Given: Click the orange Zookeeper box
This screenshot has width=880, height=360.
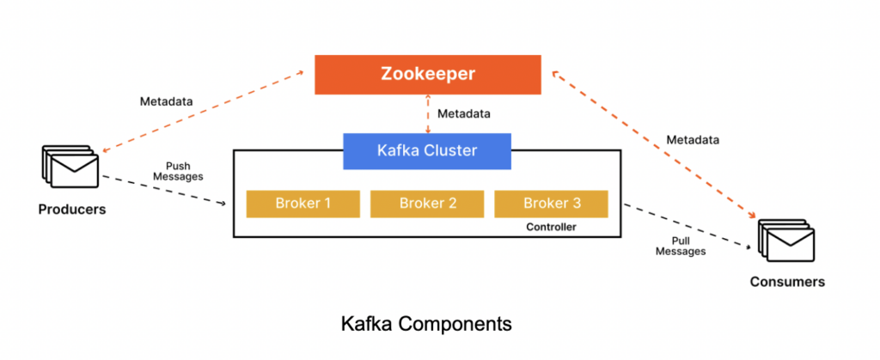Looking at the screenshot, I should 427,74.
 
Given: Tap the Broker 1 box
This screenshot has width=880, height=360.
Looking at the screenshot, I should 302,204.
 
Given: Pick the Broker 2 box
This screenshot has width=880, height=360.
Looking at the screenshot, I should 426,204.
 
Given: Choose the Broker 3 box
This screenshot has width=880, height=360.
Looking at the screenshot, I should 550,204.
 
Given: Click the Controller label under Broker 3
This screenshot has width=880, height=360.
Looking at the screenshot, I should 550,228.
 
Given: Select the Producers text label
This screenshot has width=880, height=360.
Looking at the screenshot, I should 71,209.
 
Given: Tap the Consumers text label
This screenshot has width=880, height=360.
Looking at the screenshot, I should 787,282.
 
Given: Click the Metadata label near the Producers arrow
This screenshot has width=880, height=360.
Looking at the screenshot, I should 166,101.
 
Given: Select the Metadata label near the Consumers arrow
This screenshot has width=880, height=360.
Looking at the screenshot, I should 692,139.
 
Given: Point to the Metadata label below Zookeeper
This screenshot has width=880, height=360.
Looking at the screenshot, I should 464,113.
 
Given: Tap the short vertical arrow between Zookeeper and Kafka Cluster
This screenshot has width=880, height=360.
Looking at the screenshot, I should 427,113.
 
